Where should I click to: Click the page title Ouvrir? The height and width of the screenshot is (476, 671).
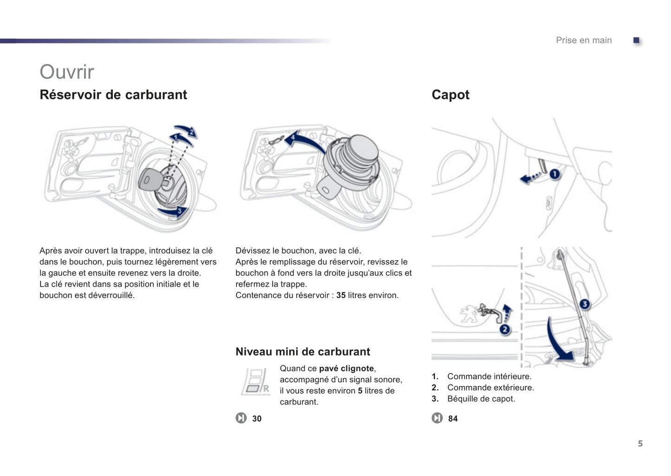[x=67, y=72]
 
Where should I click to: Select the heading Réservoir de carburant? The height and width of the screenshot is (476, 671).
[x=113, y=95]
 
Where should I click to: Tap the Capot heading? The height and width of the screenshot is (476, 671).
[x=450, y=95]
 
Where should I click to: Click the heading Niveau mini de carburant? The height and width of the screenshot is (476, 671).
[x=303, y=352]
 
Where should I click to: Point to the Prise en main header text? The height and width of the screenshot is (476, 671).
[x=584, y=40]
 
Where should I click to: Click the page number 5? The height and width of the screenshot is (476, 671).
[x=640, y=444]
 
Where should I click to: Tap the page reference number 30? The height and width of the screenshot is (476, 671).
[x=257, y=418]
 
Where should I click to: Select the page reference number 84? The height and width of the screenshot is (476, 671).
[x=453, y=418]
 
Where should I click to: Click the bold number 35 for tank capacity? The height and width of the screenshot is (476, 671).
[x=341, y=295]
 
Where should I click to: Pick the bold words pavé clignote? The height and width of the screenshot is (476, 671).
[x=346, y=368]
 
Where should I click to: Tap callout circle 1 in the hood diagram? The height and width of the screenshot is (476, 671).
[x=554, y=174]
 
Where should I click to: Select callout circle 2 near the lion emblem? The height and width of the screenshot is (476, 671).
[x=505, y=329]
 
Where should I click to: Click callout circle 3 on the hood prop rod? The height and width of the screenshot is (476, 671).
[x=585, y=304]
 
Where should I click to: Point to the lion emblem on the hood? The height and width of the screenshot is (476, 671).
[x=469, y=313]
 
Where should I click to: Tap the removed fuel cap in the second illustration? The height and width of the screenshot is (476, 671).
[x=353, y=160]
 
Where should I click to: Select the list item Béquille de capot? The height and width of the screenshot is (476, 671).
[x=481, y=399]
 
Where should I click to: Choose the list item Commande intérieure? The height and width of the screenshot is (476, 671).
[x=489, y=376]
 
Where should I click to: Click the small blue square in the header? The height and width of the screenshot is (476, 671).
[x=637, y=40]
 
